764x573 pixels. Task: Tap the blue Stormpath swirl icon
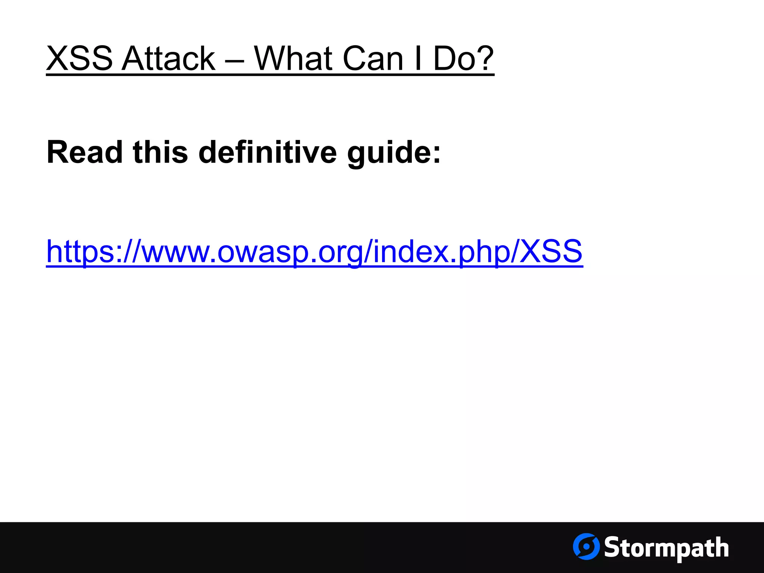[x=586, y=547]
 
